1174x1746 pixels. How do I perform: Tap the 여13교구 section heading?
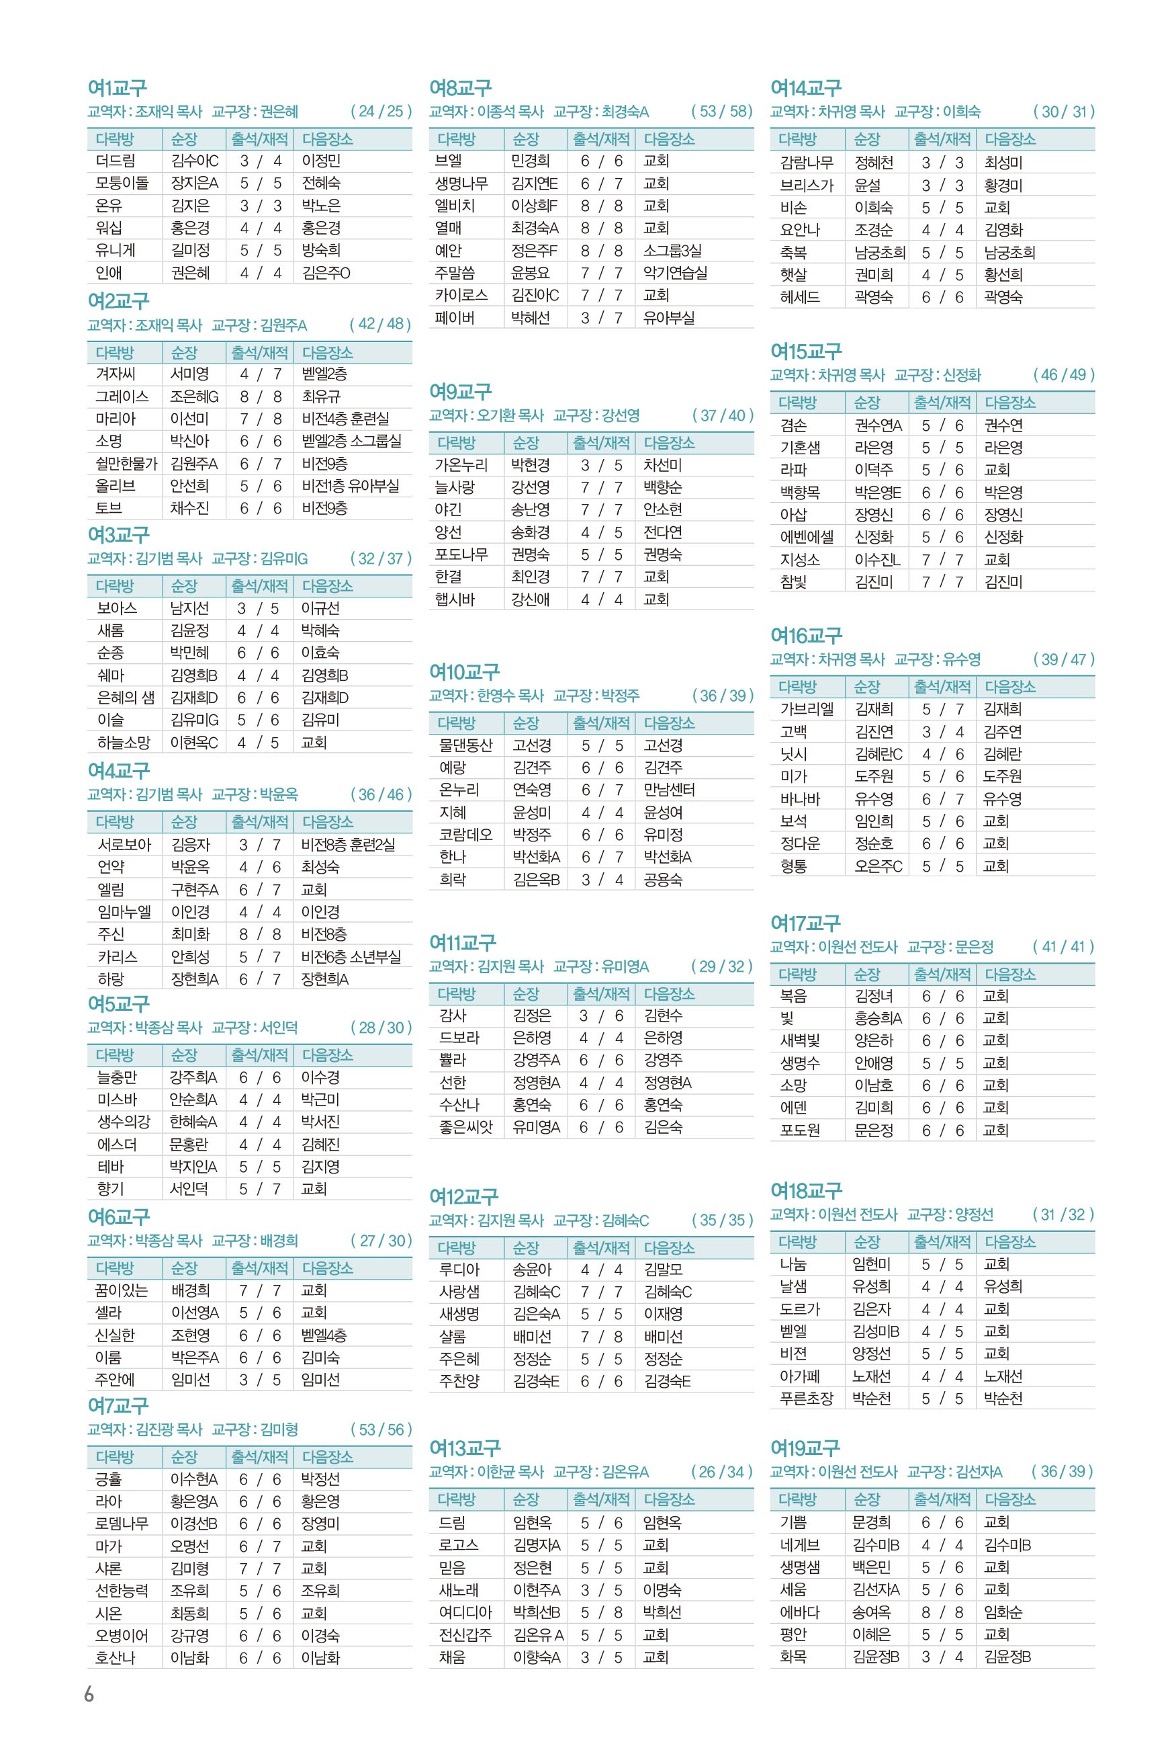point(464,1448)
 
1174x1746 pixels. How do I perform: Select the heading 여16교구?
point(806,636)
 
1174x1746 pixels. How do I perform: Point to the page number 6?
point(89,1694)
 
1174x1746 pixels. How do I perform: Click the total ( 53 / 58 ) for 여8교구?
point(721,112)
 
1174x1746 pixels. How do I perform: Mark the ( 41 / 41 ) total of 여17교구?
point(1063,946)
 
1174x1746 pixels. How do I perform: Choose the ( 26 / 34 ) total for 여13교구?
point(721,1472)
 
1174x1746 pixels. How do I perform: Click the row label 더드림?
point(116,161)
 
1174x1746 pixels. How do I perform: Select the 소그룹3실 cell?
point(672,250)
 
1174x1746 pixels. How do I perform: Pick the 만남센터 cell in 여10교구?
point(669,790)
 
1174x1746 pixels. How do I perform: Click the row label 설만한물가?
point(126,464)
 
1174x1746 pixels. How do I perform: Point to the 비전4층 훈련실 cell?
point(345,419)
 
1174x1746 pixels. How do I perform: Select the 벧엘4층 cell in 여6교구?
point(324,1335)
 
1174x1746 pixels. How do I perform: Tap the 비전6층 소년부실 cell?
point(351,956)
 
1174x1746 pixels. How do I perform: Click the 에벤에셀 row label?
point(807,537)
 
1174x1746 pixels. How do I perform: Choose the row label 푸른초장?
point(806,1399)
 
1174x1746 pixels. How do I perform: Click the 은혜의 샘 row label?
point(126,698)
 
